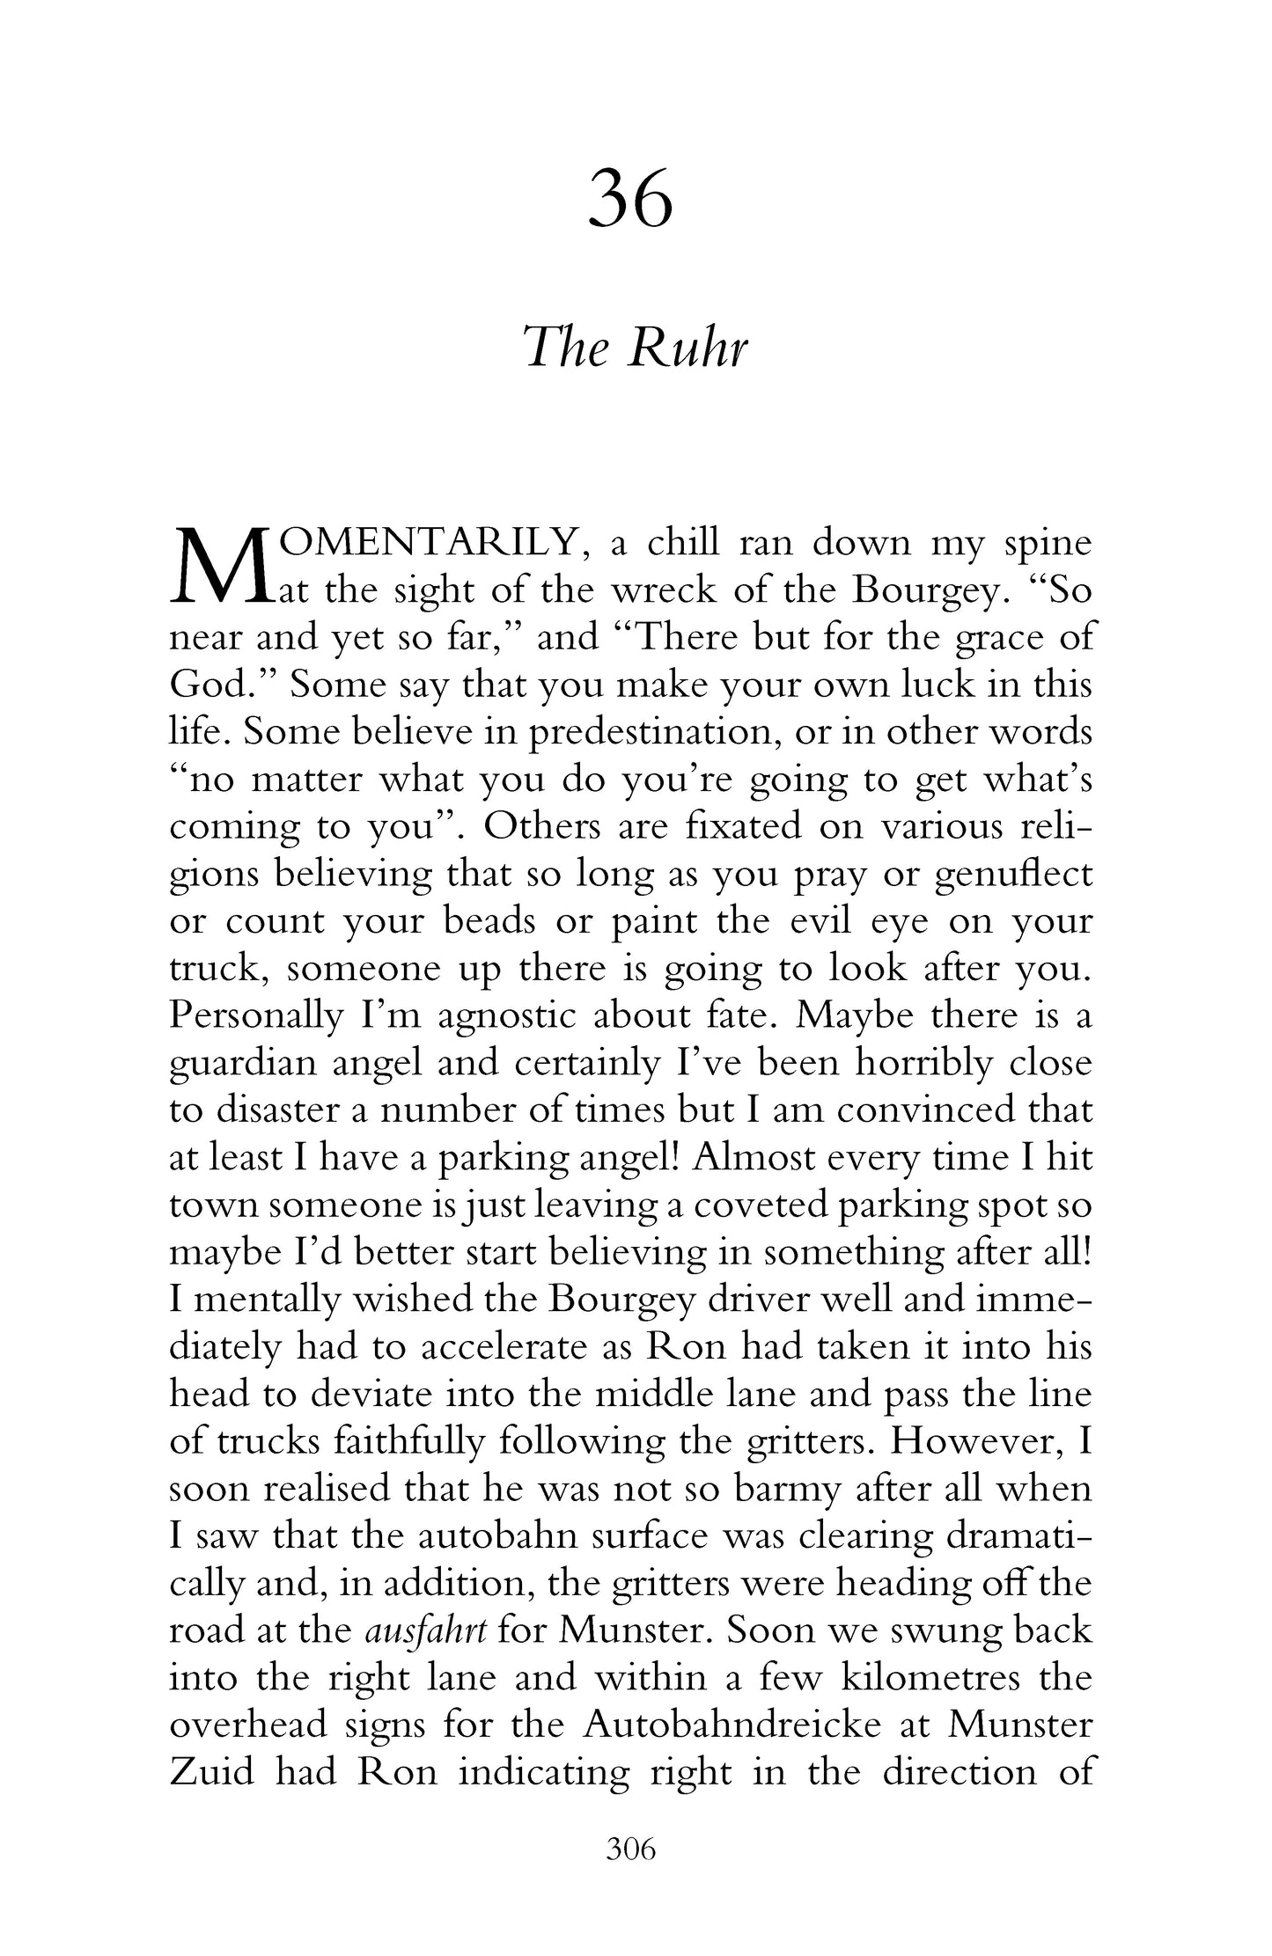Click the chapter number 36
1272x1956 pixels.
click(x=630, y=199)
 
